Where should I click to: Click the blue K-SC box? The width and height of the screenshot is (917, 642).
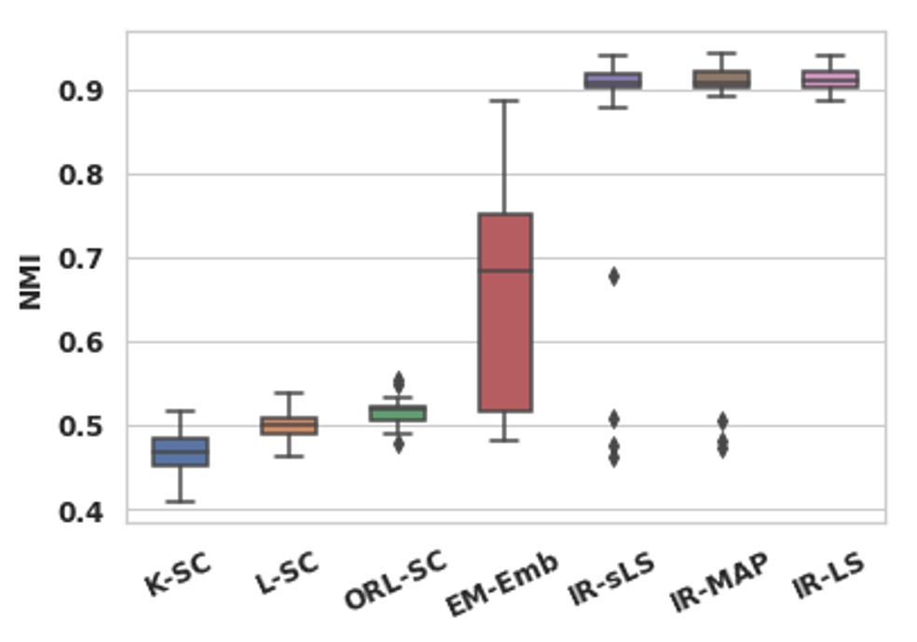click(180, 452)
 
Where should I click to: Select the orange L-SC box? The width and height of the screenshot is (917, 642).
click(288, 426)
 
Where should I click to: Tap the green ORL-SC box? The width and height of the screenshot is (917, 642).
click(397, 413)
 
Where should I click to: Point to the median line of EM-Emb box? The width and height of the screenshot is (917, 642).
click(505, 271)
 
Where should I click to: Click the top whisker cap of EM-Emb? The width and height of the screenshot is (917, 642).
click(505, 101)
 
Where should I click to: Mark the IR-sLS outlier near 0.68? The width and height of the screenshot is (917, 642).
click(613, 277)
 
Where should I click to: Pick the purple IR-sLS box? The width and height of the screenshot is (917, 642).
click(613, 80)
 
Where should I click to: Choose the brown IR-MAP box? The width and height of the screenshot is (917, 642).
click(721, 79)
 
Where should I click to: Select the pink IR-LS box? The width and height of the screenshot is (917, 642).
click(829, 79)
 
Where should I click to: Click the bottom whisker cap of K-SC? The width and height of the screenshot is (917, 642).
click(180, 501)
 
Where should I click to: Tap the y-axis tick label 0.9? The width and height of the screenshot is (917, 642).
click(82, 92)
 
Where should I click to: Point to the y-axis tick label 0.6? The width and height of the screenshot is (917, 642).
click(82, 344)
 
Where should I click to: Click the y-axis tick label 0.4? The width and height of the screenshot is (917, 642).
click(82, 512)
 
